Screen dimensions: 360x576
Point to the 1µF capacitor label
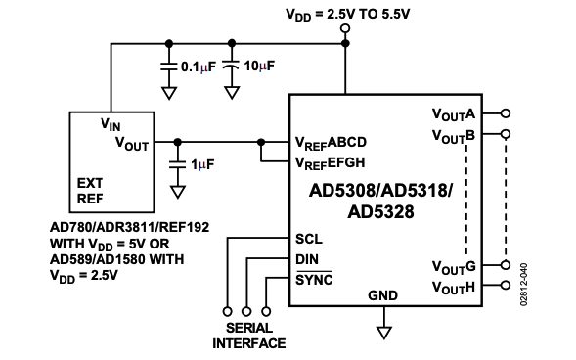coord(202,165)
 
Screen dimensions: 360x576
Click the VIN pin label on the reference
coord(112,125)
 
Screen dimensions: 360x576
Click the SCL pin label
coord(308,239)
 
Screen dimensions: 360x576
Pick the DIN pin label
coord(307,259)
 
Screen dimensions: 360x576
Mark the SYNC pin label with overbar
coord(313,280)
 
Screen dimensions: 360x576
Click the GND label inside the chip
coord(383,294)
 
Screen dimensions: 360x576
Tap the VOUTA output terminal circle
coord(505,113)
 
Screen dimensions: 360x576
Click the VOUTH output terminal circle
coord(505,286)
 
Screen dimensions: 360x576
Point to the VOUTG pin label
coord(454,266)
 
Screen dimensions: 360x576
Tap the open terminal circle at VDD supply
coord(345,29)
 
